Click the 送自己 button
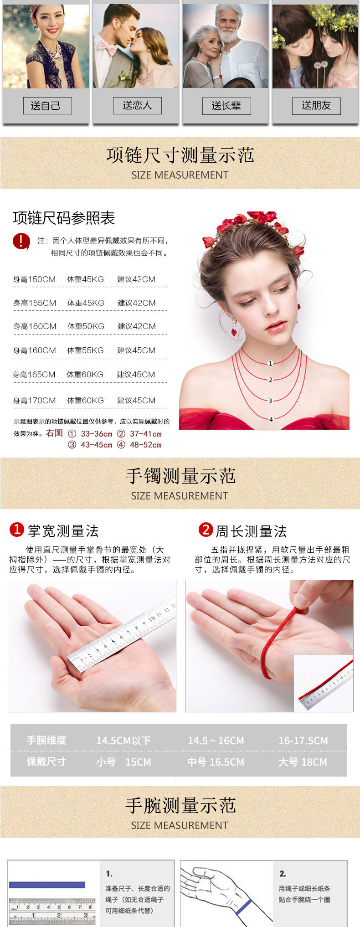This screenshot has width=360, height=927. pos(47,106)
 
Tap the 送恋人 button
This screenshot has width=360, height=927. pos(137,106)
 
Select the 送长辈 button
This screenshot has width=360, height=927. pos(226,106)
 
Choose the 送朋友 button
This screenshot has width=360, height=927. pos(316,106)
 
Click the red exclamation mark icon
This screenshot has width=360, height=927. pos(21,241)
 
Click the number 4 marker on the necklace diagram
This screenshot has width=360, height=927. pos(271,419)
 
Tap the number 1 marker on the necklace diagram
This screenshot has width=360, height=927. pos(270,363)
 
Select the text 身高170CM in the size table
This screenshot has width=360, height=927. pos(35,401)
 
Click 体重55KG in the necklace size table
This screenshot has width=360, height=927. pos(85,350)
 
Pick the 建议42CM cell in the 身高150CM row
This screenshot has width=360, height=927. pos(136,279)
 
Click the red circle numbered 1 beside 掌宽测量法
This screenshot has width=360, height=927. pos(16,530)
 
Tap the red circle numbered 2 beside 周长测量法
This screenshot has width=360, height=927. pos(206,530)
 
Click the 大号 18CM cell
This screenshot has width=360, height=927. pos(303,762)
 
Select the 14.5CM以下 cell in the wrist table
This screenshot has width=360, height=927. pos(123,741)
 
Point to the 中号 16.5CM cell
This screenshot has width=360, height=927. pos(216,762)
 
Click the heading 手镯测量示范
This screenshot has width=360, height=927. pos(180,476)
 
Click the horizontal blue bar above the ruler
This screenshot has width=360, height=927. pos(47,885)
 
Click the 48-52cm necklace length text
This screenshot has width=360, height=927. pos(145,445)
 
